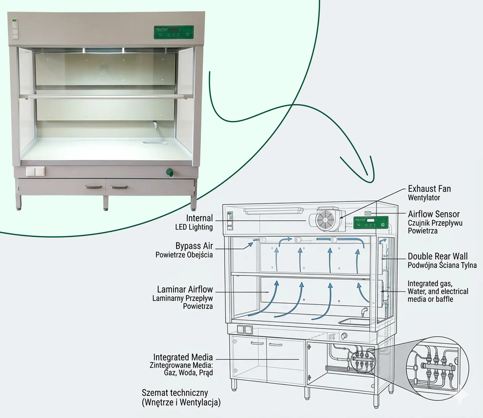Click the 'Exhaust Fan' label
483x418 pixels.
pyautogui.click(x=429, y=189)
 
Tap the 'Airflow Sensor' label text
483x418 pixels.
pyautogui.click(x=434, y=214)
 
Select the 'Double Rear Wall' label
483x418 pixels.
pyautogui.click(x=438, y=257)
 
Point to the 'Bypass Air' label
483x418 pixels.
pyautogui.click(x=194, y=246)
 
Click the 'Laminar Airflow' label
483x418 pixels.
pyautogui.click(x=185, y=289)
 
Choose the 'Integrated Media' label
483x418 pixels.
pyautogui.click(x=183, y=357)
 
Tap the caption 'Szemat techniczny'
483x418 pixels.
pyautogui.click(x=175, y=393)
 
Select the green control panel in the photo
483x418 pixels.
pyautogui.click(x=174, y=32)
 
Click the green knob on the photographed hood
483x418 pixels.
pyautogui.click(x=170, y=172)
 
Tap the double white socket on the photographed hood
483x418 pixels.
pyautogui.click(x=36, y=171)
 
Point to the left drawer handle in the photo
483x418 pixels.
pyautogui.click(x=93, y=187)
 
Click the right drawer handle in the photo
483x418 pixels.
pyautogui.click(x=119, y=187)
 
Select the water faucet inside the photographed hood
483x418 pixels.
pyautogui.click(x=155, y=126)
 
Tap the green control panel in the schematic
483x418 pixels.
pyautogui.click(x=371, y=222)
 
